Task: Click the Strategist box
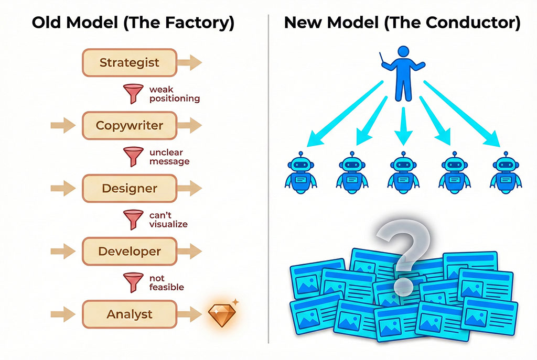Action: tap(129, 63)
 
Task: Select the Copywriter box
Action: tap(129, 126)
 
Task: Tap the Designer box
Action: tap(129, 188)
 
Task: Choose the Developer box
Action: tap(129, 251)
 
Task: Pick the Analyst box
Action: tap(129, 314)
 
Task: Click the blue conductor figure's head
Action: tap(403, 52)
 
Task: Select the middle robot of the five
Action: tap(403, 173)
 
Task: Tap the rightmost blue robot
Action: tap(505, 173)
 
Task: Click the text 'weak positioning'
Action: tap(174, 94)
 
